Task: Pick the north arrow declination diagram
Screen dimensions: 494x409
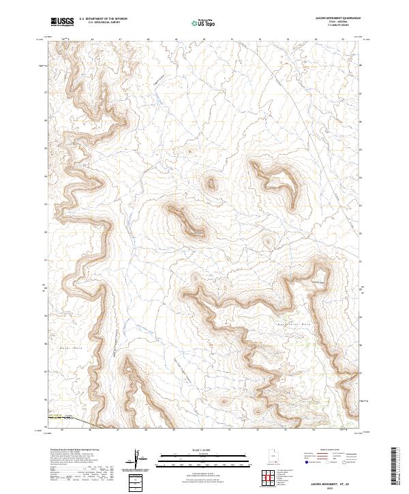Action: click(138, 459)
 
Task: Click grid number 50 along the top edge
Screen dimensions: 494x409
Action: click(204, 40)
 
